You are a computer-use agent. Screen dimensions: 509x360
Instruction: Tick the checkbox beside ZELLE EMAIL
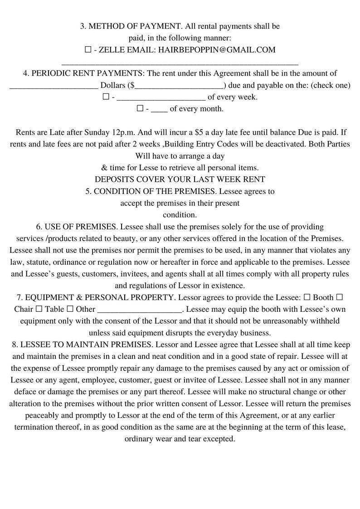(88, 49)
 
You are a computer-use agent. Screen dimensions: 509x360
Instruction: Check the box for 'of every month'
(140, 109)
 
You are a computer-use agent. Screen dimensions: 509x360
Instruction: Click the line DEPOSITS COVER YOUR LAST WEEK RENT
(180, 179)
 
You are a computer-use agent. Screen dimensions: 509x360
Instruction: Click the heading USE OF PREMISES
(81, 227)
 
